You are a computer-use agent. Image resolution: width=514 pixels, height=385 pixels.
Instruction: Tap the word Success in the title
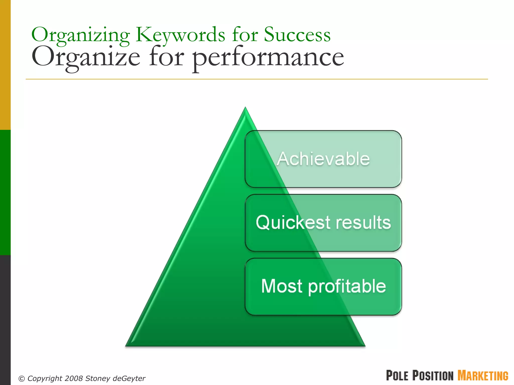[297, 35]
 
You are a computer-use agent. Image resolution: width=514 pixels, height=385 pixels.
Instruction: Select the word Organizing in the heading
[80, 35]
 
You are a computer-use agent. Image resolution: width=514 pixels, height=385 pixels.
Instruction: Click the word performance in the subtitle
[268, 58]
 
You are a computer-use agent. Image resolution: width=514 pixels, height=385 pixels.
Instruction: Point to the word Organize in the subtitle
[86, 58]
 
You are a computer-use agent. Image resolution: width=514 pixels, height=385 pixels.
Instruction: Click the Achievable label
[323, 159]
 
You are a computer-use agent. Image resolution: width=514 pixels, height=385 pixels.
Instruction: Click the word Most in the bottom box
[282, 286]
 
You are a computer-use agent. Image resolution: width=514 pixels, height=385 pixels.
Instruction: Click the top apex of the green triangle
[245, 108]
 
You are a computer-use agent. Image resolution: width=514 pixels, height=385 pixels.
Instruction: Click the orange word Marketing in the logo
[483, 375]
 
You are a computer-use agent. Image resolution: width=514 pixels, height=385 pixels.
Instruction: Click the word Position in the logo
[433, 375]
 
